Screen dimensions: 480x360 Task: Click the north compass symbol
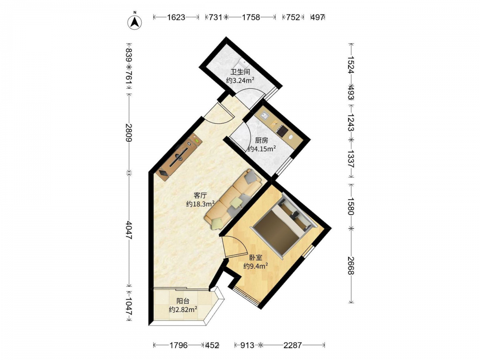click(134, 22)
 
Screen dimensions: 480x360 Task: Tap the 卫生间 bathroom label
click(240, 72)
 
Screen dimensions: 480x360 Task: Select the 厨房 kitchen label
click(262, 141)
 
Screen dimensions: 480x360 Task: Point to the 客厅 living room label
click(200, 195)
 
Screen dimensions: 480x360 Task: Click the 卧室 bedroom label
click(256, 258)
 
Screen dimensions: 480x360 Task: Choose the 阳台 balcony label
click(183, 301)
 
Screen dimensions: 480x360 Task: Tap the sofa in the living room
click(233, 199)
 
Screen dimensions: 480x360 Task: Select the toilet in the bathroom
click(243, 63)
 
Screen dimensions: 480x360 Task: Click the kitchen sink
click(264, 116)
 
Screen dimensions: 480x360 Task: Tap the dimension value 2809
click(129, 132)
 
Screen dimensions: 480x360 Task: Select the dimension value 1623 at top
click(176, 17)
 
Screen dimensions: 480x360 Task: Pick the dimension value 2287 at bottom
click(293, 345)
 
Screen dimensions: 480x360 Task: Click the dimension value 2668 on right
click(351, 265)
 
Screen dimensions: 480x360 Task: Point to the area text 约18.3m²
click(200, 204)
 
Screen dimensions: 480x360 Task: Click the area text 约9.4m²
click(256, 266)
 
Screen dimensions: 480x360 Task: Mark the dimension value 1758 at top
click(251, 17)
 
